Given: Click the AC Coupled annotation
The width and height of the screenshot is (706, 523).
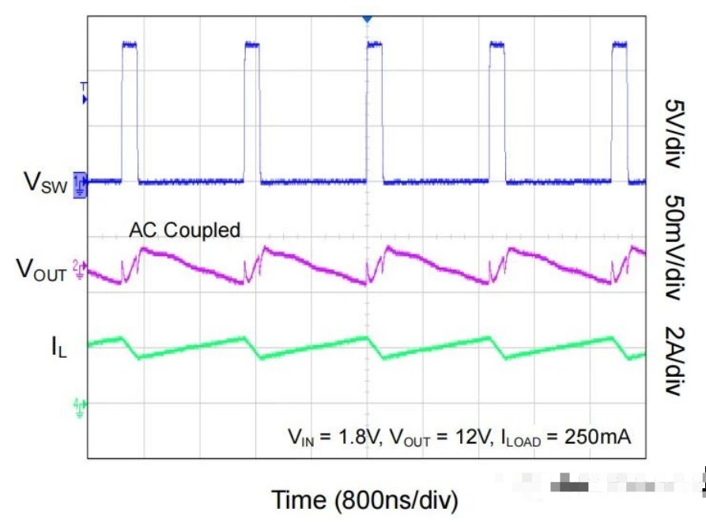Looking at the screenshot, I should (x=185, y=230).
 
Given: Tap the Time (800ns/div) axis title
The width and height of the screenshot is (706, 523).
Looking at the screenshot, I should (x=364, y=499).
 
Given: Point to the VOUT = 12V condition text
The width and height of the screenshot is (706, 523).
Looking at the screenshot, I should (x=436, y=437).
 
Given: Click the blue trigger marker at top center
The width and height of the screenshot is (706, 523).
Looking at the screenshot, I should (x=366, y=17).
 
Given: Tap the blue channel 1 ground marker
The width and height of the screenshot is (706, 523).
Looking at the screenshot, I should (x=80, y=181).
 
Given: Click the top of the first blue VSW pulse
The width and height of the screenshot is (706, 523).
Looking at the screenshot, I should (x=130, y=44).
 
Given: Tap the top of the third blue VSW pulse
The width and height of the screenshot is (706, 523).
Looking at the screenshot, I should (x=375, y=44).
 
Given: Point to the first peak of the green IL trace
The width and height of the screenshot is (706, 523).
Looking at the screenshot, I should (x=123, y=338).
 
